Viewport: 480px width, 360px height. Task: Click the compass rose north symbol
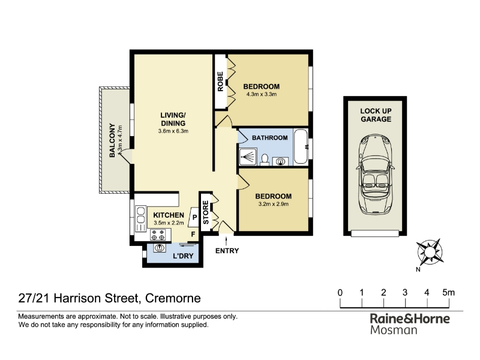click(430, 252)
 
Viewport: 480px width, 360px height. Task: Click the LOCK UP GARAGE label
click(376, 115)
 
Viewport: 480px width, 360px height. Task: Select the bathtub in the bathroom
click(301, 147)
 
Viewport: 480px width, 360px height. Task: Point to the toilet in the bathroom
click(265, 159)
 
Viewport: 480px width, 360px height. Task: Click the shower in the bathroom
click(248, 157)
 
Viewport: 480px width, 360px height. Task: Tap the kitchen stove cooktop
click(158, 235)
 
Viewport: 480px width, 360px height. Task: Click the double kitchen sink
click(140, 215)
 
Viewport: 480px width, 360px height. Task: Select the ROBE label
click(220, 82)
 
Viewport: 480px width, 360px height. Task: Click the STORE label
click(206, 212)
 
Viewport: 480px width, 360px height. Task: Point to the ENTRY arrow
click(227, 241)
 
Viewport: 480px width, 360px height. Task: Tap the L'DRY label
click(183, 256)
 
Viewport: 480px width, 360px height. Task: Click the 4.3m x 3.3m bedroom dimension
click(262, 94)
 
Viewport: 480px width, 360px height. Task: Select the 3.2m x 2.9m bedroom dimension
click(274, 204)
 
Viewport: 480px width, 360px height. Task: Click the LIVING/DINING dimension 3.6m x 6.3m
click(173, 131)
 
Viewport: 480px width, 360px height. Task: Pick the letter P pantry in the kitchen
click(194, 217)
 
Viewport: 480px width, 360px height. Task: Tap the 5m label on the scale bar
click(448, 293)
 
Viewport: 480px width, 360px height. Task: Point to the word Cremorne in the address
click(173, 298)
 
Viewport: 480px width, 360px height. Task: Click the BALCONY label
click(112, 140)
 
